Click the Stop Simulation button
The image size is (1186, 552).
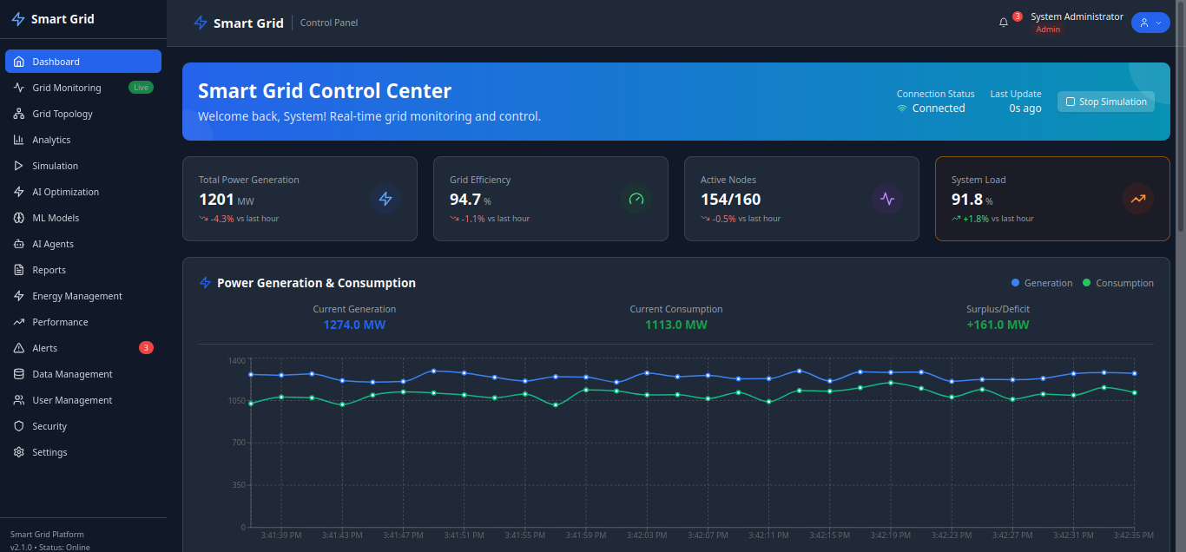click(1105, 102)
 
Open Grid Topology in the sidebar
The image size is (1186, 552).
click(63, 114)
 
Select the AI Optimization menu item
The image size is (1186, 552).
click(65, 192)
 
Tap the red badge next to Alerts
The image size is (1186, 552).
click(146, 348)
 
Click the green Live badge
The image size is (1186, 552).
click(141, 88)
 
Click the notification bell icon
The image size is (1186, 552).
click(1004, 23)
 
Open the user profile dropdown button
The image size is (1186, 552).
click(1150, 23)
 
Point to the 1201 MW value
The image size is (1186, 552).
click(217, 200)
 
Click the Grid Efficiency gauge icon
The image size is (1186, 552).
click(636, 199)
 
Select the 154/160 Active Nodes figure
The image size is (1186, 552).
click(731, 200)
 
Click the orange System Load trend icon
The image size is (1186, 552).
click(1137, 199)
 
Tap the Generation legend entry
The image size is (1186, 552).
click(1042, 283)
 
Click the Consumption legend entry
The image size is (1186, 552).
click(1118, 283)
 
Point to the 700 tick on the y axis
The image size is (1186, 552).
click(236, 443)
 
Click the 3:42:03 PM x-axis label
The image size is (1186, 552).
click(646, 535)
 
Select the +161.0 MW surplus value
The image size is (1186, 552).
click(998, 325)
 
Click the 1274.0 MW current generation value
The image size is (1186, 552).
click(354, 325)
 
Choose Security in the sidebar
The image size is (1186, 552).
click(49, 426)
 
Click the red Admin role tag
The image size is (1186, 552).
click(1048, 30)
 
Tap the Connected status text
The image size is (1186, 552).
click(939, 108)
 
